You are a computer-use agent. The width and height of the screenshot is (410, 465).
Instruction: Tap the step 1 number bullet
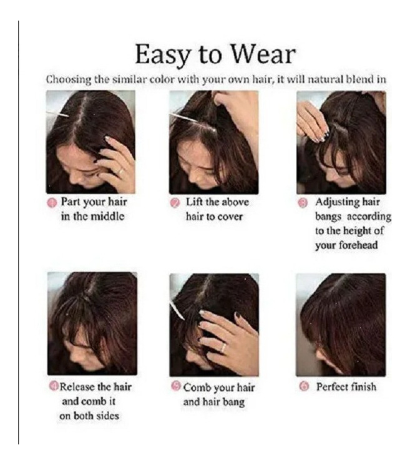(x=52, y=203)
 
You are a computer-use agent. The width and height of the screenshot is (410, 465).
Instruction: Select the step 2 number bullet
(x=175, y=203)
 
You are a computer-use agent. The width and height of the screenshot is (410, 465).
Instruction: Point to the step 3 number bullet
(x=303, y=203)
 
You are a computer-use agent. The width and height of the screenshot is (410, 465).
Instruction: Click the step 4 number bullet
(x=54, y=386)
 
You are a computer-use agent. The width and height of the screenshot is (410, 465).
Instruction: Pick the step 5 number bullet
(x=176, y=386)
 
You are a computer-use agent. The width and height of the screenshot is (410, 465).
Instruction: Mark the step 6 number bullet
(x=303, y=387)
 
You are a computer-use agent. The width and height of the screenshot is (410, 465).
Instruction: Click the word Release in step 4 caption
(x=77, y=387)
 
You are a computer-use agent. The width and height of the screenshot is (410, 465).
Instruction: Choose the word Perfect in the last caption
(x=332, y=387)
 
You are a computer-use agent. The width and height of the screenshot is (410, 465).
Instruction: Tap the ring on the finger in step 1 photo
(x=120, y=172)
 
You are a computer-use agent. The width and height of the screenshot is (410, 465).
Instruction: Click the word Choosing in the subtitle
(x=69, y=80)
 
